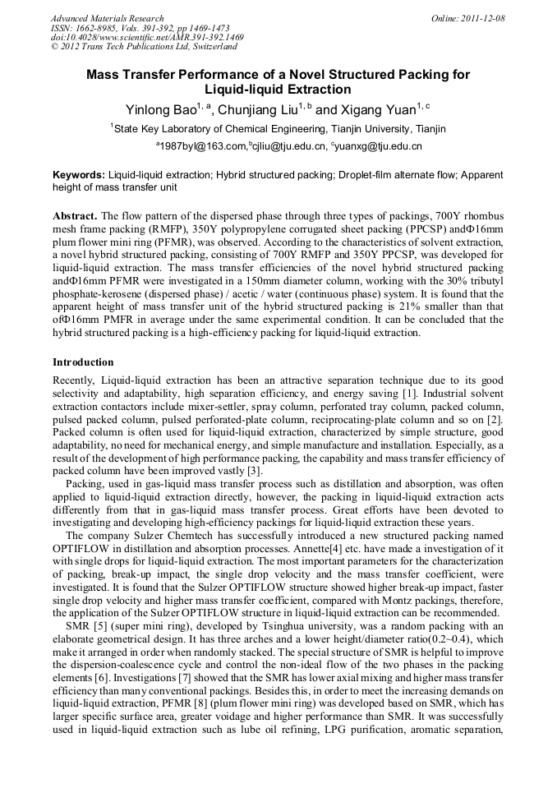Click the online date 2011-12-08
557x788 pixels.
point(483,18)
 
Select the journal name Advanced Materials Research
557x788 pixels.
point(107,18)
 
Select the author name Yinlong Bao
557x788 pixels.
point(160,109)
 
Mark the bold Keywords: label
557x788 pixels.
point(79,175)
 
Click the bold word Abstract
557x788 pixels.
point(75,214)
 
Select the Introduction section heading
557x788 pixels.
point(83,362)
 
